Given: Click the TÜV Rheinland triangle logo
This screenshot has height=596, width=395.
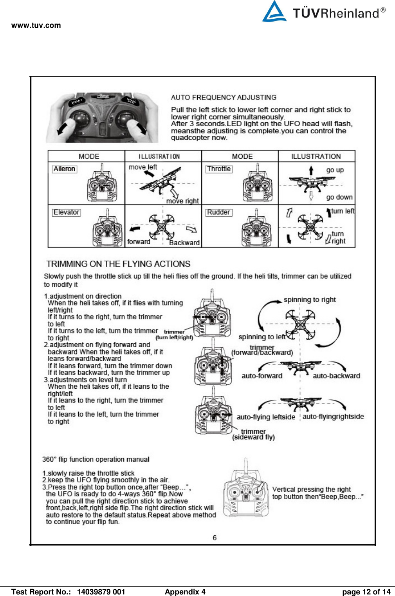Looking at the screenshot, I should point(274,12).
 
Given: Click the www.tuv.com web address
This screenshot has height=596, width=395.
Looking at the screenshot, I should point(36,25).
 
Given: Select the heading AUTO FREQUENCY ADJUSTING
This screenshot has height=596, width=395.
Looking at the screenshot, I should point(224,98).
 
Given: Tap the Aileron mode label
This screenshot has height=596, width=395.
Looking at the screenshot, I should point(65,169).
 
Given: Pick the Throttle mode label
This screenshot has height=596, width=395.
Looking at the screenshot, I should point(219,169).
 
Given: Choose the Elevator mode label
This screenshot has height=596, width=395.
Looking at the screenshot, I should point(67,212).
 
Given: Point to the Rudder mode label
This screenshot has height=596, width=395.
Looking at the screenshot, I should point(218,212).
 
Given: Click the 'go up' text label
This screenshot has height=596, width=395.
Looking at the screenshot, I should point(335,170).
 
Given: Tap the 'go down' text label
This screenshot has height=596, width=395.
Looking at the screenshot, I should point(339,197).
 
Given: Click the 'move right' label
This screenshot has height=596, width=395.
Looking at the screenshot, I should point(182,201).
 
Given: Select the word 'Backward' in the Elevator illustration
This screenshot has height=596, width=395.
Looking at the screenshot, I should point(184,243).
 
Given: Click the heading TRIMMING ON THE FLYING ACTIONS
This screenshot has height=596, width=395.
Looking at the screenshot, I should point(118,264).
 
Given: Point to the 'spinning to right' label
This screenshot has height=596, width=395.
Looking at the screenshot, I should point(310,300).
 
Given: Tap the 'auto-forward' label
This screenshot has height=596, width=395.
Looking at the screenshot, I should point(262,376).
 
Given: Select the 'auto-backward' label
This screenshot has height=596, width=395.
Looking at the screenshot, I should point(336,376).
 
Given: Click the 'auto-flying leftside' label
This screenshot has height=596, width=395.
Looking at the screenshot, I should point(266,417).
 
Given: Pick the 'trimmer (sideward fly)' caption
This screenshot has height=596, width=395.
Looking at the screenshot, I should point(253,434).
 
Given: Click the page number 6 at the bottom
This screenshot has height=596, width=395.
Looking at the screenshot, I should point(215,538).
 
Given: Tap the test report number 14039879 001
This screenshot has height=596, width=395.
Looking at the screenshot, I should point(101,592).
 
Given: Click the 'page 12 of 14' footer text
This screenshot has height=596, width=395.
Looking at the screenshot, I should point(366,592).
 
